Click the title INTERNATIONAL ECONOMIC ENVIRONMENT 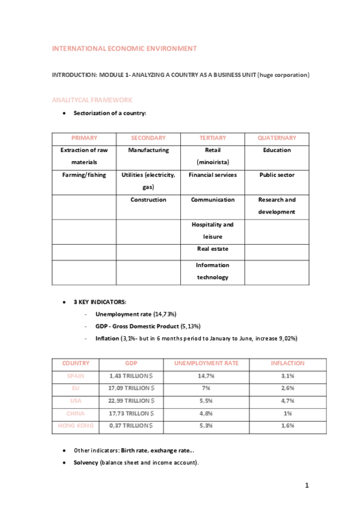point(124,48)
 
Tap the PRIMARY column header point(84,138)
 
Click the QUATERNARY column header point(276,138)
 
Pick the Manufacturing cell point(148,150)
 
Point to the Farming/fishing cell point(84,175)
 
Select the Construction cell point(148,200)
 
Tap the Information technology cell point(213,271)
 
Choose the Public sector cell point(276,175)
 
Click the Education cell point(276,150)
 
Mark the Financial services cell point(213,175)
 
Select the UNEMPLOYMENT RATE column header point(206,363)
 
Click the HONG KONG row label point(76,425)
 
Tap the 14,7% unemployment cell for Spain point(206,376)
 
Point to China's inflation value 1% point(287,413)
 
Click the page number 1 point(307,486)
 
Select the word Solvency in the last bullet point(86,462)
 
